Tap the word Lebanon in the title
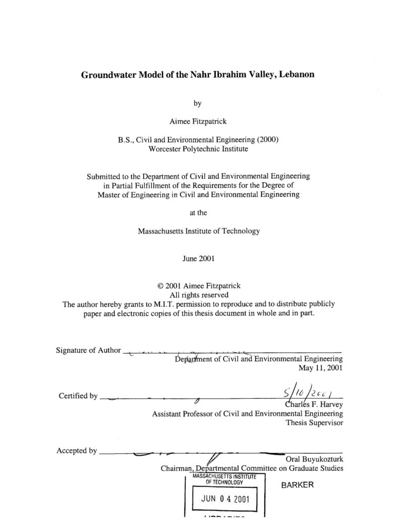pyautogui.click(x=294, y=75)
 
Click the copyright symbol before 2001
pyautogui.click(x=160, y=286)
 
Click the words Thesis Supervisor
pyautogui.click(x=314, y=424)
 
